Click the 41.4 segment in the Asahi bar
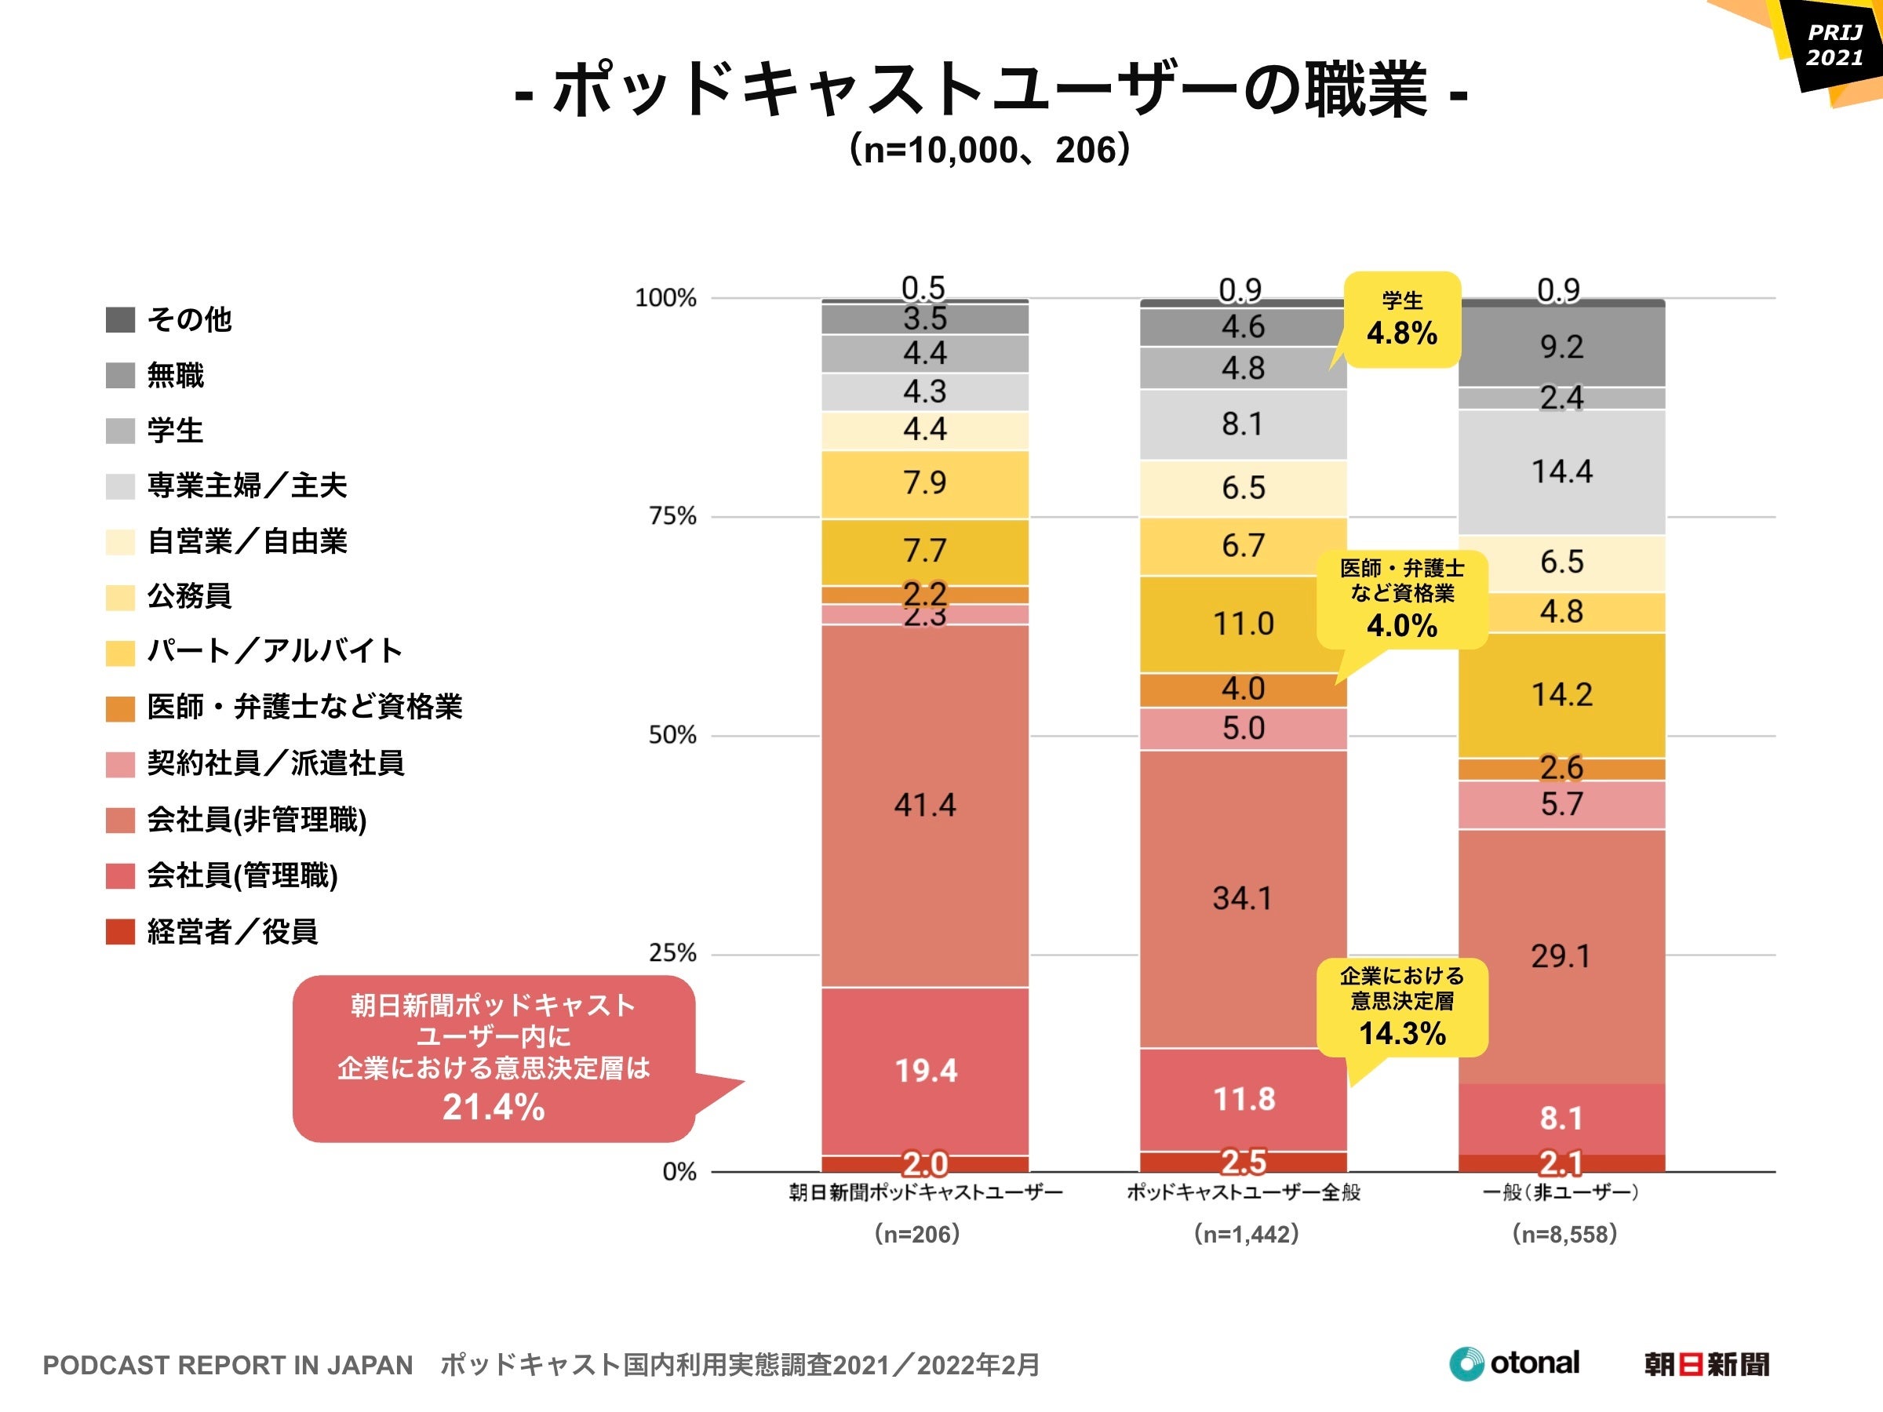click(924, 805)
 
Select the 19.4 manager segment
click(925, 1070)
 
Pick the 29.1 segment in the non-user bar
click(1561, 955)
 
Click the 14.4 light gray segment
click(1561, 471)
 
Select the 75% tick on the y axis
click(672, 516)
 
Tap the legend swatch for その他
click(120, 320)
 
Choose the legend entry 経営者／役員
click(231, 931)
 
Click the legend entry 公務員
click(189, 595)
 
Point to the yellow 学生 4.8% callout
click(1401, 320)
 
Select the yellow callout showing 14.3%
click(1401, 1008)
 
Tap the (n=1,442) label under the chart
click(1245, 1233)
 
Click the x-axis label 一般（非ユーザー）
click(1561, 1192)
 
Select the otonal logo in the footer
click(1514, 1363)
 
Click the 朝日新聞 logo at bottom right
click(1706, 1364)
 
